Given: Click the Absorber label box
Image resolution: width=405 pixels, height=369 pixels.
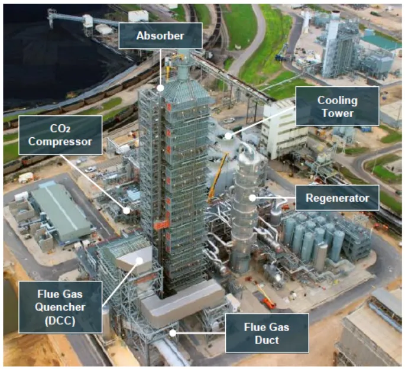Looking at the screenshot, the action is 160,36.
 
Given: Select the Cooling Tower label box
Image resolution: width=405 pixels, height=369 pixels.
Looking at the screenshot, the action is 337,106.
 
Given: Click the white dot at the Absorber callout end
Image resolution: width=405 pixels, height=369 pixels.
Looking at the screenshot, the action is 161,88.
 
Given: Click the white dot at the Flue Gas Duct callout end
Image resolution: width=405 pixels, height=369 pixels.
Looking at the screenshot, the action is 173,332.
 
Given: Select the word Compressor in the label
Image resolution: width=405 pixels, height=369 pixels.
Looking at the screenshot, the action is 60,143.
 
